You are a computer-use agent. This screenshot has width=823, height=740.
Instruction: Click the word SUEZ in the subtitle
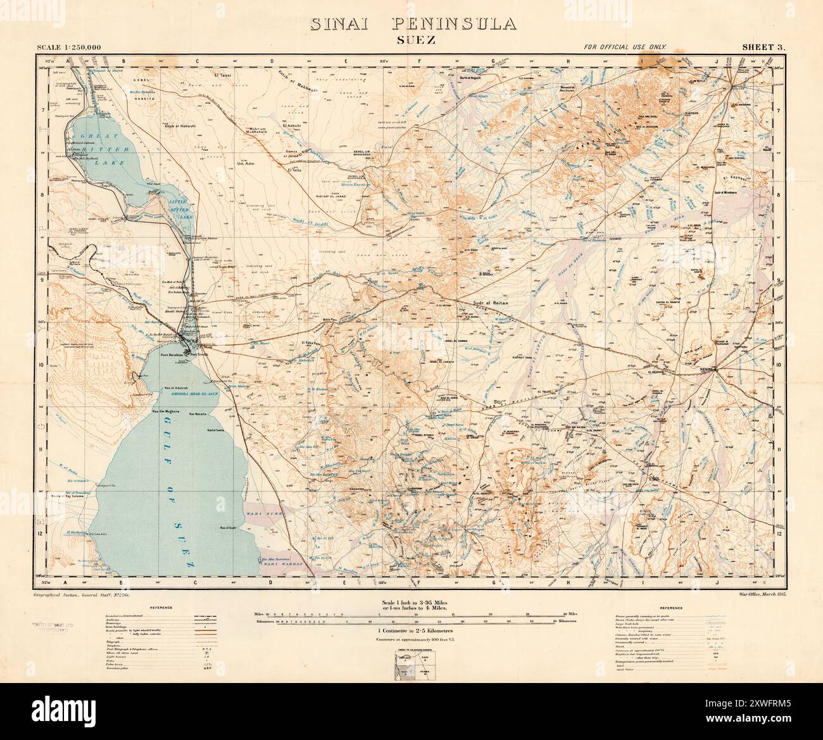(411, 41)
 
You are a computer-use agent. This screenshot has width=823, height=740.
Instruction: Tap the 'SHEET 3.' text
(763, 47)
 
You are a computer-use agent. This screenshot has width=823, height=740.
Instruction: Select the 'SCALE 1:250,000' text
(65, 47)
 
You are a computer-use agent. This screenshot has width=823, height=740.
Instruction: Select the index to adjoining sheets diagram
(411, 662)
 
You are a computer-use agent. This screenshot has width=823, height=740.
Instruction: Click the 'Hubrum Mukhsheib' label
(261, 131)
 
